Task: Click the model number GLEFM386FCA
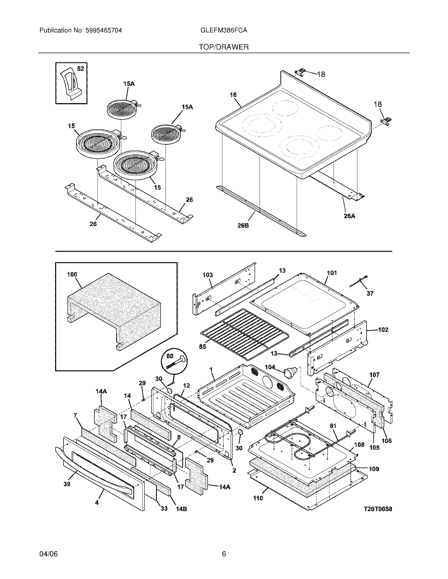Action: tap(224, 31)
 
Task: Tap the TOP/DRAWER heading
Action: tap(224, 47)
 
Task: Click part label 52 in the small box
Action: tap(80, 69)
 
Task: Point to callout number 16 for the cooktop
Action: tap(233, 95)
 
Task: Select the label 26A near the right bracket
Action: tap(349, 216)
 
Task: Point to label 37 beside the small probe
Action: tap(370, 293)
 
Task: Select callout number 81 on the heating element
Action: tap(333, 426)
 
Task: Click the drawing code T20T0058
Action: tap(378, 509)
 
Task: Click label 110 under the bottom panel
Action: tap(258, 498)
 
